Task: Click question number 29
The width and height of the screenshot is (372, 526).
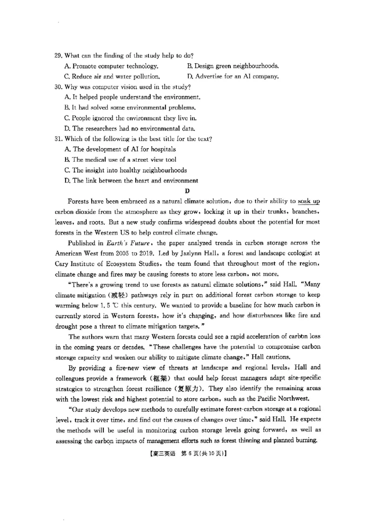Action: (x=58, y=56)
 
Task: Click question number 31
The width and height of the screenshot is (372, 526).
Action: (x=58, y=139)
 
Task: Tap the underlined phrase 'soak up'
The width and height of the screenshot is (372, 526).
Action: (x=308, y=201)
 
